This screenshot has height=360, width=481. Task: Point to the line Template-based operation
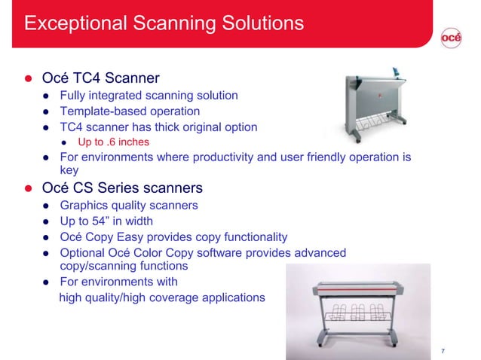click(x=130, y=111)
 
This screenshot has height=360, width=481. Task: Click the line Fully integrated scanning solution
click(x=149, y=96)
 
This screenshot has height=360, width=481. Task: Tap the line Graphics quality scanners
click(x=129, y=205)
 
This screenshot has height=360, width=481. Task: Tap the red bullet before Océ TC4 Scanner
click(x=29, y=79)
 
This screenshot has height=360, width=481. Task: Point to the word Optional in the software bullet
click(x=85, y=252)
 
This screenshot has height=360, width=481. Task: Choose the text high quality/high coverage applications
click(x=162, y=297)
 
